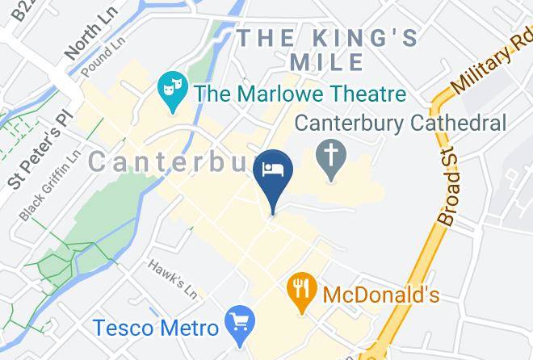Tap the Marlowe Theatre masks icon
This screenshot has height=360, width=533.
tap(169, 83)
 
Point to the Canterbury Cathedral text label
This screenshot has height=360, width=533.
tap(400, 123)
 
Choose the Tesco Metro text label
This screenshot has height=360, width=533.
tap(156, 329)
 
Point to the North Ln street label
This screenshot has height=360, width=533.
tap(84, 40)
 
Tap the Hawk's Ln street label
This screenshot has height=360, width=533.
tap(172, 275)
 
